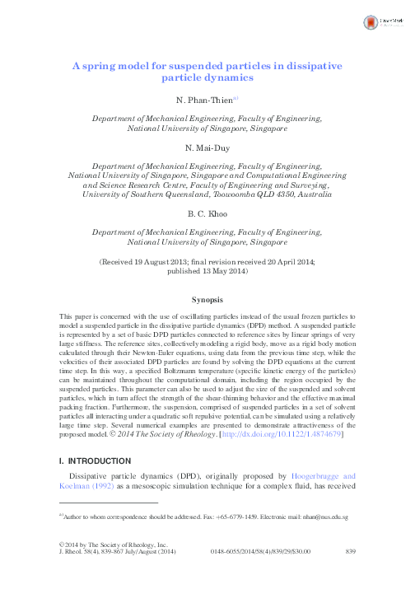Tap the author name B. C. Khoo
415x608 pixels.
point(207,216)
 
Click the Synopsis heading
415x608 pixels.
point(207,300)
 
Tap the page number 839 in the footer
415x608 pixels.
point(349,573)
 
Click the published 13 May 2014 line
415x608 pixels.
point(207,270)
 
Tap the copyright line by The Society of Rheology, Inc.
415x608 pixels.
point(115,567)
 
